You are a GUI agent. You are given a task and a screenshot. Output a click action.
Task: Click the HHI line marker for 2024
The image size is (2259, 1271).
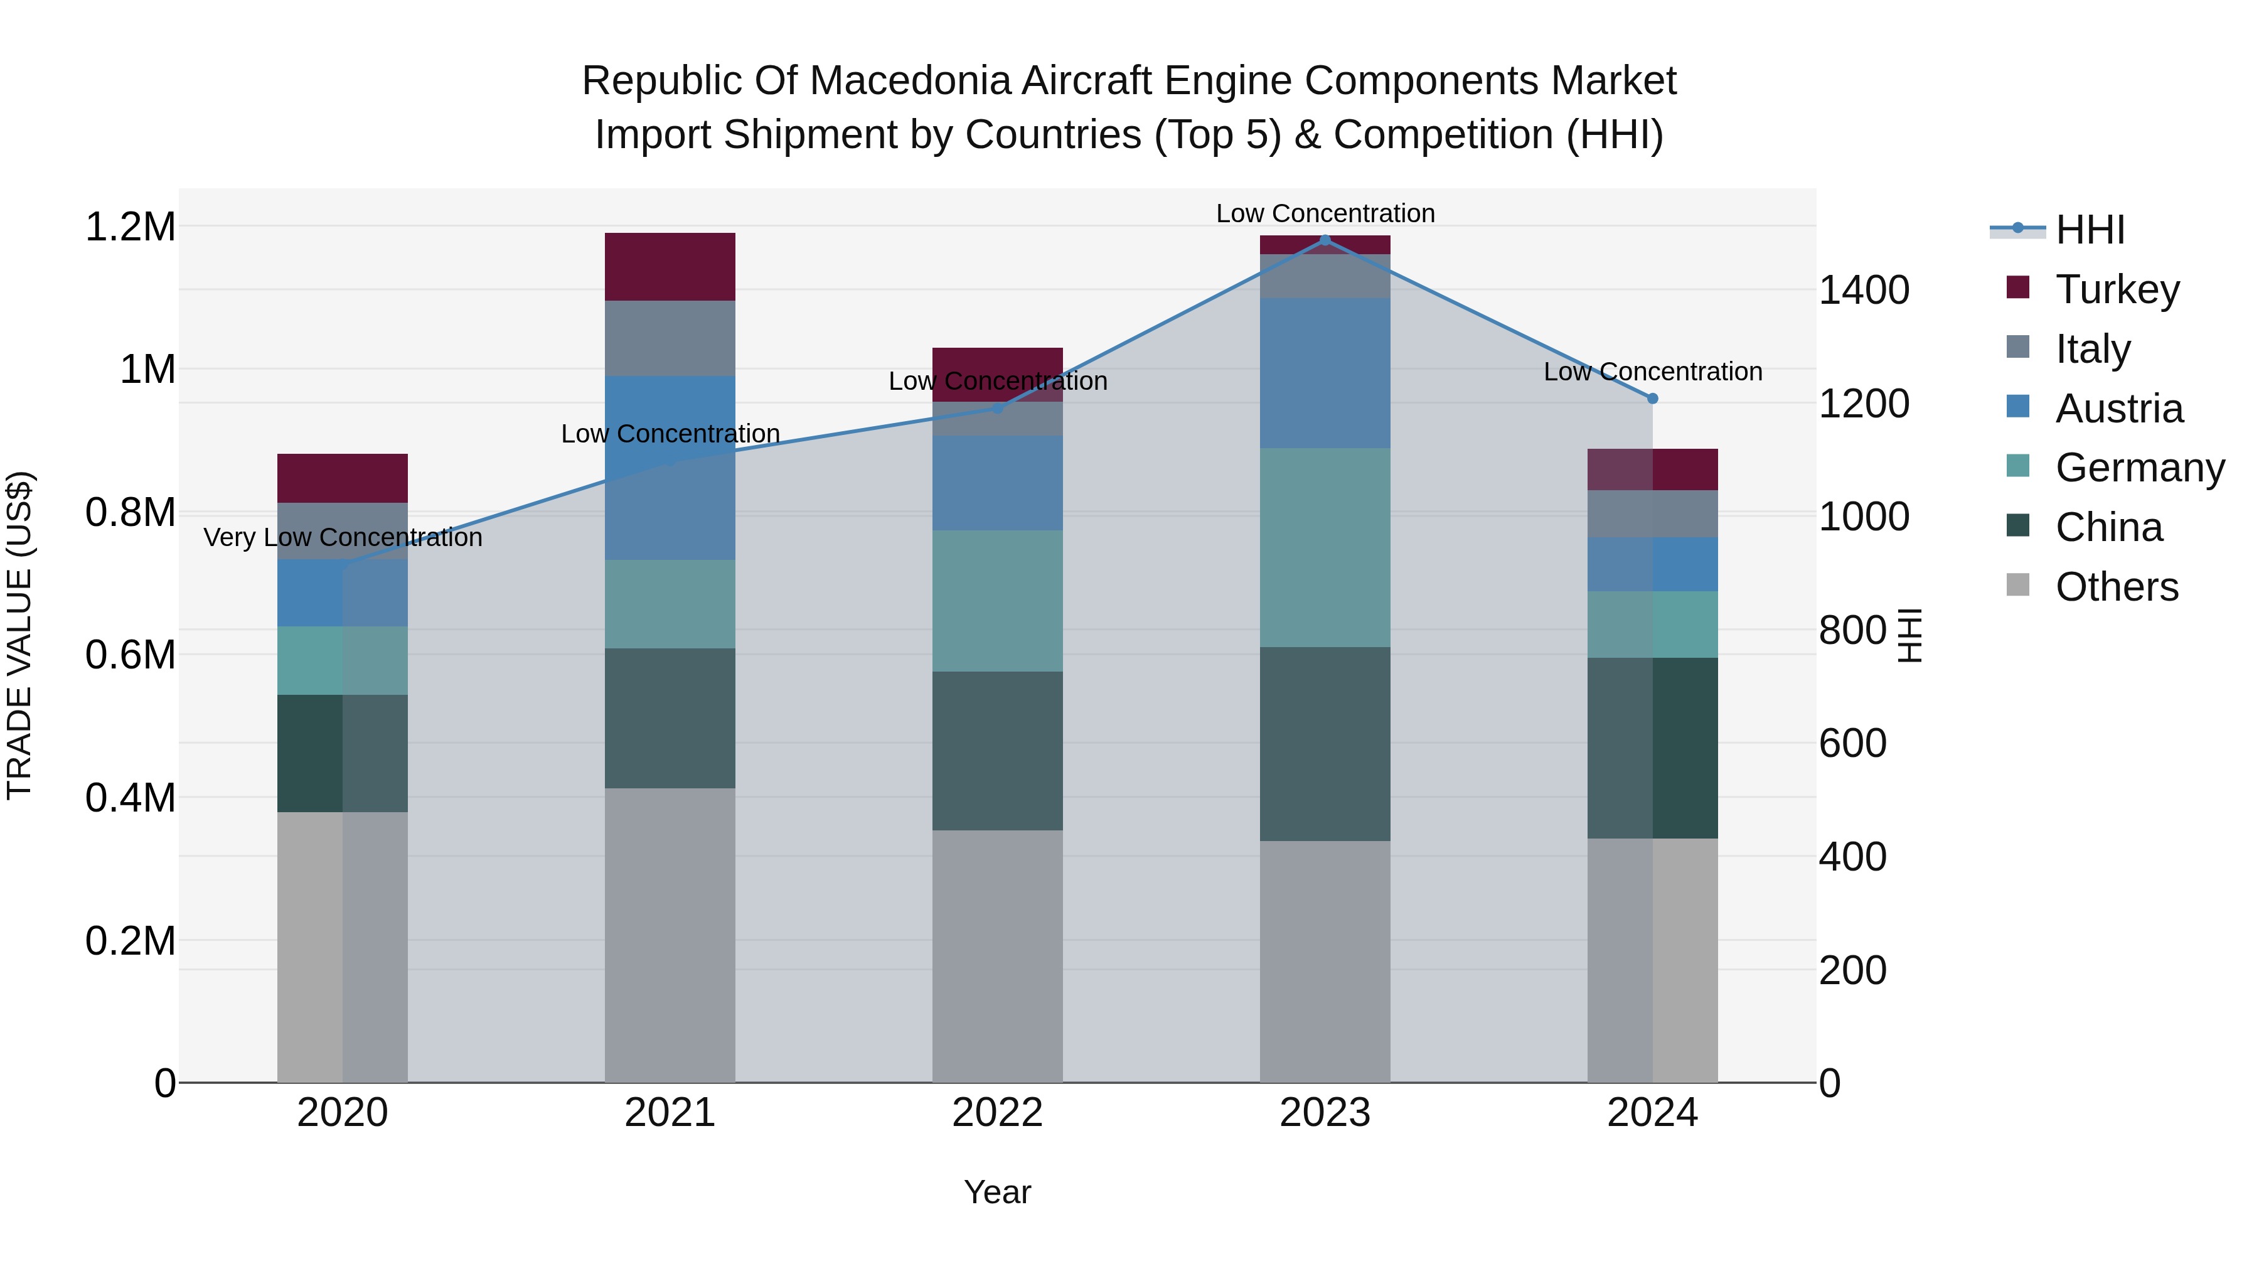(1652, 398)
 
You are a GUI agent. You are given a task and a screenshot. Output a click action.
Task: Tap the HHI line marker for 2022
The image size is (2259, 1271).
(997, 408)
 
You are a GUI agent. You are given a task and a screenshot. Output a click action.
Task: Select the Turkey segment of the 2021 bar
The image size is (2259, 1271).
(670, 267)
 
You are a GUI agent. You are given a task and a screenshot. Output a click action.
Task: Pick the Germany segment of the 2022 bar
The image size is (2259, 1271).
(997, 601)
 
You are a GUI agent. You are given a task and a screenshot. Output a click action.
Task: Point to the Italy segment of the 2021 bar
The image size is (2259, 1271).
(670, 338)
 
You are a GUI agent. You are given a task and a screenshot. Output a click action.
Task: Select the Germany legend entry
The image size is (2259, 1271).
(2139, 468)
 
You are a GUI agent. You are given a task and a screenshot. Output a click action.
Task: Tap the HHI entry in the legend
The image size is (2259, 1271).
(2089, 230)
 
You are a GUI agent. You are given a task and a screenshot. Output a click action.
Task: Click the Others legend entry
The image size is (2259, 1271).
(2115, 587)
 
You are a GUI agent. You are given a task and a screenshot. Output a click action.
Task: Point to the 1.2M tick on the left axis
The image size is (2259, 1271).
(130, 227)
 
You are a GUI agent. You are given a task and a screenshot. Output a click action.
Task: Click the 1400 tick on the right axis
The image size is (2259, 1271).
(1864, 291)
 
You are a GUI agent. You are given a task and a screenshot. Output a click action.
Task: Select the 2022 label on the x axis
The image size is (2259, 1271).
(997, 1113)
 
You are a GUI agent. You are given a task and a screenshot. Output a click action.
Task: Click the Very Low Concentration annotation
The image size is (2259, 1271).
(343, 538)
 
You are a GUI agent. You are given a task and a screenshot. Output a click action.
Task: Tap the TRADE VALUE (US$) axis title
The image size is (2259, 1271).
(20, 635)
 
